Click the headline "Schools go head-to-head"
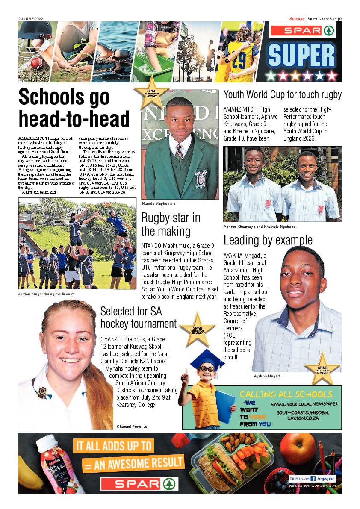click(74, 108)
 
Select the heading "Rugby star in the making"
click(171, 224)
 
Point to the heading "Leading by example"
click(268, 240)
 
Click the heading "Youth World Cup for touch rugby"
click(282, 94)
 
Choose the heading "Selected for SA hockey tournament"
click(138, 317)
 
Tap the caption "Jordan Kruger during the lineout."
click(46, 294)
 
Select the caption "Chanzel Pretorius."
click(133, 427)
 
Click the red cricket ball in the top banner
click(36, 63)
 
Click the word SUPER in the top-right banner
click(301, 55)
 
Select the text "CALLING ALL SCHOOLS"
click(286, 394)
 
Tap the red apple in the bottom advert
click(303, 448)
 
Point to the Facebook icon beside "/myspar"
click(313, 478)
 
